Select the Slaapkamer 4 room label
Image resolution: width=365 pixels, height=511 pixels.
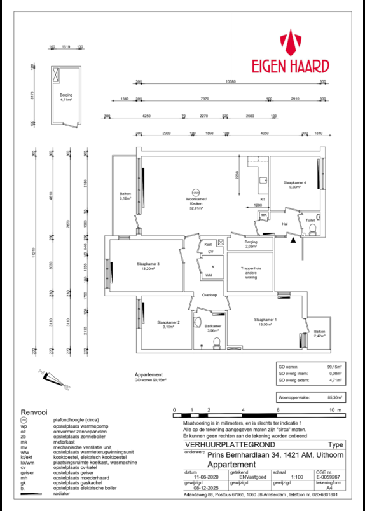[295, 185]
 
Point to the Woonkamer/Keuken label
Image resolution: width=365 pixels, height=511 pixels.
[196, 203]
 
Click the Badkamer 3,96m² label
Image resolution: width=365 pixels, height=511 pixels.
[212, 329]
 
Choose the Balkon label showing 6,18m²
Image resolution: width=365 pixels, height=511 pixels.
[125, 196]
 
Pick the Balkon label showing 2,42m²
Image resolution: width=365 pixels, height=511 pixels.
[319, 334]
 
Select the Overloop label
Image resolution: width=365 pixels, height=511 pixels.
[210, 296]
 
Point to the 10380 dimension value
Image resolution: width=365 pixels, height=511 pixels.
[230, 81]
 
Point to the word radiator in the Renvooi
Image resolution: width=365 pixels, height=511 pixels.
[63, 493]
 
